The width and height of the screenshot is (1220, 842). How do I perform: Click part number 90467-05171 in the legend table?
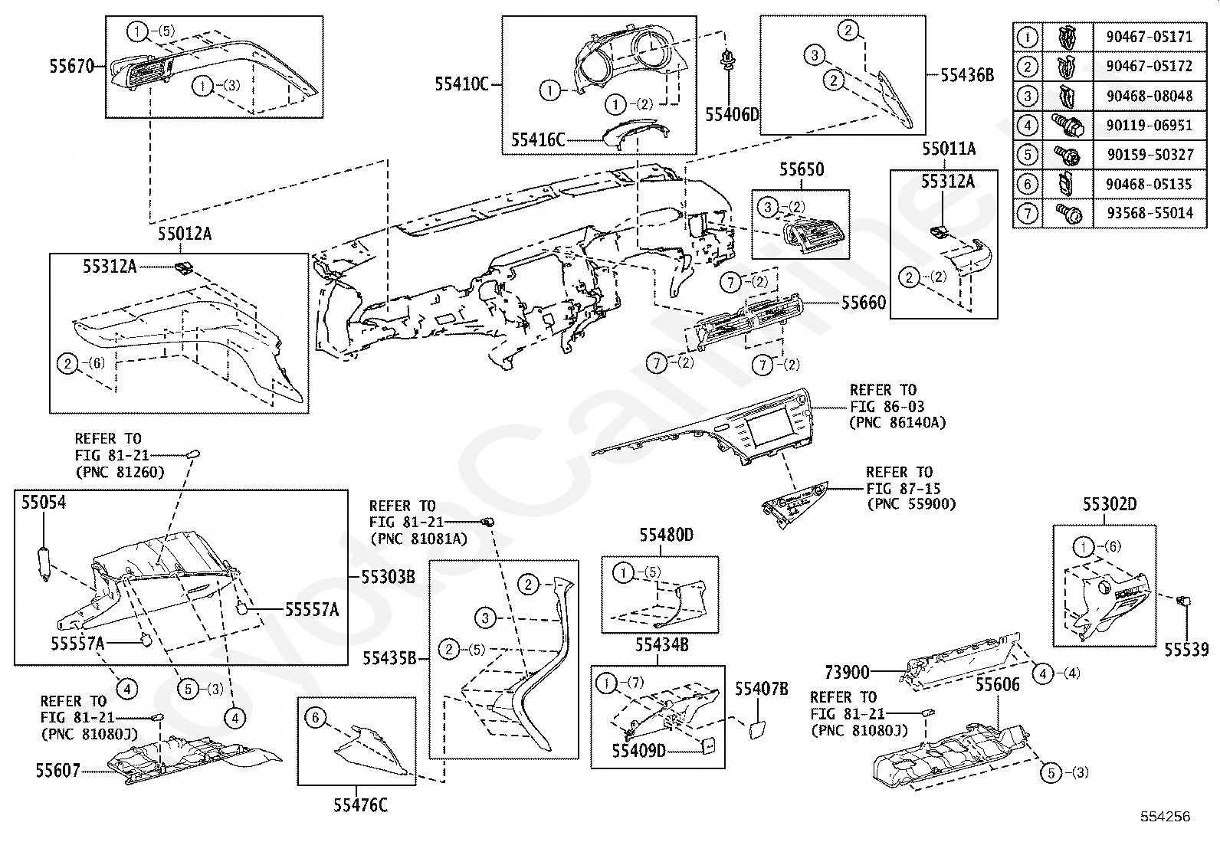point(1149,37)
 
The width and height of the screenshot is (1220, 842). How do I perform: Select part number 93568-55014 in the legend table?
point(1149,212)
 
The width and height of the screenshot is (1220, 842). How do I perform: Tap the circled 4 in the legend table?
point(1027,125)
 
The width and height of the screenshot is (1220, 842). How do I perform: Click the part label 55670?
point(72,67)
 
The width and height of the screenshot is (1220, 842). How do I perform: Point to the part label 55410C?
point(462,84)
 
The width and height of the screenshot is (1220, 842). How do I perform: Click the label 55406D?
point(732,114)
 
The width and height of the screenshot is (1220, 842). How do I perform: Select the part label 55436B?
point(967,75)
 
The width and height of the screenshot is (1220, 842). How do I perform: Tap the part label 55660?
point(864,303)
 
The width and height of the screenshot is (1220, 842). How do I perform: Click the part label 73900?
point(847,673)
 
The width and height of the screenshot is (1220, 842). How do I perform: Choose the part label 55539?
point(1186,649)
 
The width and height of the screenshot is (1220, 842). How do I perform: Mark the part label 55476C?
point(360,805)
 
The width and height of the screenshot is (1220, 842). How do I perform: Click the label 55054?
point(44,502)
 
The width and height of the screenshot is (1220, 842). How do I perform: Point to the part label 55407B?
point(762,689)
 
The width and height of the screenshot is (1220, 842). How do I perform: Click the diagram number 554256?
point(1166,817)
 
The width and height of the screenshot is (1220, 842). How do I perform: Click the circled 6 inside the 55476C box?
point(316,719)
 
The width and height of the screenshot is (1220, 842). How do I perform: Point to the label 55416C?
point(538,140)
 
